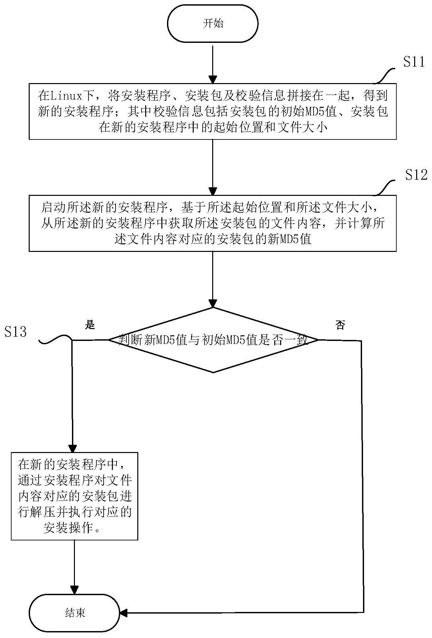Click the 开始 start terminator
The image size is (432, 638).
[213, 24]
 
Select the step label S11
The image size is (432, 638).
[414, 62]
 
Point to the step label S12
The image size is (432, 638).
[416, 175]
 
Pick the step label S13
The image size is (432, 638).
[16, 331]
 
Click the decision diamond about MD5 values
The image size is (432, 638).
[213, 340]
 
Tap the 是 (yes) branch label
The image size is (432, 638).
[90, 325]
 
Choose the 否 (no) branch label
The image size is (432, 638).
[340, 325]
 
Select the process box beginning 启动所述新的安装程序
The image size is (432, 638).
[213, 223]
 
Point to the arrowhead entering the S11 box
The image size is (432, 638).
[213, 79]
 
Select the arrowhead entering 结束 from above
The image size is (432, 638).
[75, 590]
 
